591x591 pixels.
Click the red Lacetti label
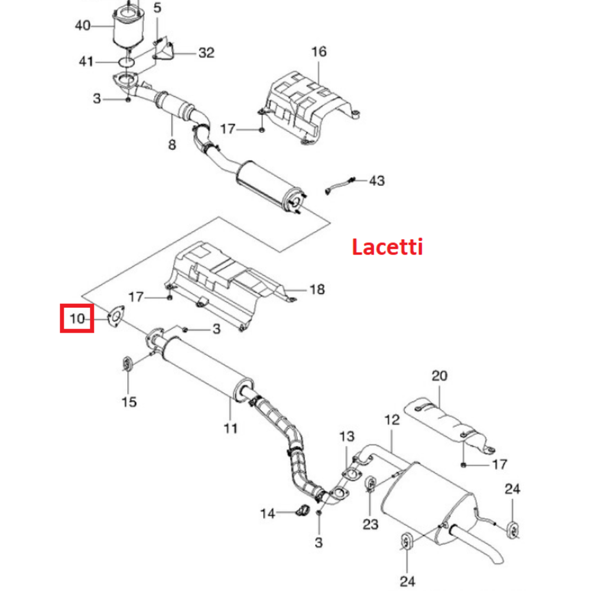[387, 246]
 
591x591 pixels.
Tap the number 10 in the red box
[77, 319]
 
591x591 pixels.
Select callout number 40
[83, 25]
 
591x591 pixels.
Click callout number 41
[87, 61]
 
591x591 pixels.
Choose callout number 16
[319, 52]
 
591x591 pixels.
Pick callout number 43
[376, 180]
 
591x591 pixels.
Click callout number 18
[317, 289]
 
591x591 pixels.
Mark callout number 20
[440, 375]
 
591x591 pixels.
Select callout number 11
[230, 427]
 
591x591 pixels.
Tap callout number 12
[392, 420]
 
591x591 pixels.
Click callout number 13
[347, 437]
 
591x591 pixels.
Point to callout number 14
[268, 514]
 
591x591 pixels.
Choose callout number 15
[129, 402]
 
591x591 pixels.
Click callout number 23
[370, 524]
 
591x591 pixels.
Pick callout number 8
[172, 144]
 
